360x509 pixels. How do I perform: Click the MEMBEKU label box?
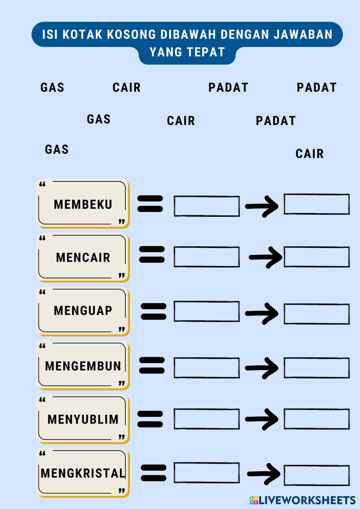(x=83, y=204)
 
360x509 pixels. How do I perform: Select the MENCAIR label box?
(x=83, y=257)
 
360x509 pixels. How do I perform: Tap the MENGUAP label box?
(x=83, y=311)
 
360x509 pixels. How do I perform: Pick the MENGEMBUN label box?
(x=83, y=366)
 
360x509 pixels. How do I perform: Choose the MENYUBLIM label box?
(x=83, y=419)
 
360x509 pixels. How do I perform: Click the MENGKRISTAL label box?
(x=83, y=473)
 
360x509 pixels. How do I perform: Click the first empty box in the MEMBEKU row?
(x=207, y=206)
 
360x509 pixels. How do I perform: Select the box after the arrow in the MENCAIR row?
(x=316, y=257)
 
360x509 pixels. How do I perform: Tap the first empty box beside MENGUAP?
(x=207, y=311)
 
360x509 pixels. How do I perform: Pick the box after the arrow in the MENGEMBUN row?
(x=316, y=368)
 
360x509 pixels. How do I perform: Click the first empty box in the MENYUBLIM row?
(x=207, y=419)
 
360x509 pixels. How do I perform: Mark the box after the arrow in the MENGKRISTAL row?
(x=316, y=475)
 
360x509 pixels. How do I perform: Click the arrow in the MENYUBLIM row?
(x=262, y=419)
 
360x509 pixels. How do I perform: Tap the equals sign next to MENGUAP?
(x=153, y=311)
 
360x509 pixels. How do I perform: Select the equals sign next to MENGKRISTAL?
(x=153, y=473)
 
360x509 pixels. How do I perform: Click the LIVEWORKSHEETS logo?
(x=302, y=500)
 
